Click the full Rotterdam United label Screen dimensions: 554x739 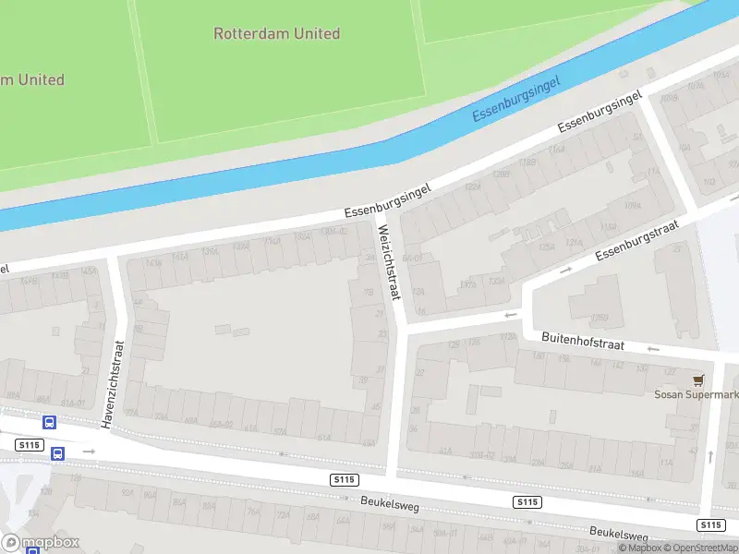pyautogui.click(x=276, y=34)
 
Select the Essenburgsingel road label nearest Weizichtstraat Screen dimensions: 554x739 pyautogui.click(x=389, y=199)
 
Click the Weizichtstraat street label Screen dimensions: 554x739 pyautogui.click(x=388, y=263)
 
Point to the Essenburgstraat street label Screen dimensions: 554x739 pyautogui.click(x=636, y=240)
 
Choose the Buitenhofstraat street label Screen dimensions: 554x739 pyautogui.click(x=583, y=343)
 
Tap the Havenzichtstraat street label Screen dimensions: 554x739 pyautogui.click(x=112, y=383)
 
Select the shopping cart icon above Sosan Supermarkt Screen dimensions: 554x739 pyautogui.click(x=698, y=379)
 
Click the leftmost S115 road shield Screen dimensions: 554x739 pyautogui.click(x=30, y=445)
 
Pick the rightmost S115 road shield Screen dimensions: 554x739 pyautogui.click(x=710, y=524)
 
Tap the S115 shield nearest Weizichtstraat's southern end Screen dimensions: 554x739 pyautogui.click(x=344, y=479)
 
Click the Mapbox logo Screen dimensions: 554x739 pyautogui.click(x=39, y=542)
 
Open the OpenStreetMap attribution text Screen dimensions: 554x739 pyautogui.click(x=702, y=548)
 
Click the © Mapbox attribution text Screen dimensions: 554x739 pyautogui.click(x=640, y=548)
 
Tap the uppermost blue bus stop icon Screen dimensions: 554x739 pyautogui.click(x=49, y=422)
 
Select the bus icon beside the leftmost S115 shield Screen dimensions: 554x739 pyautogui.click(x=57, y=453)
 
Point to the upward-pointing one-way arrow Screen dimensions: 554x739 pyautogui.click(x=710, y=455)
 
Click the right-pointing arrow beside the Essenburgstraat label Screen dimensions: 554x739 pyautogui.click(x=565, y=269)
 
